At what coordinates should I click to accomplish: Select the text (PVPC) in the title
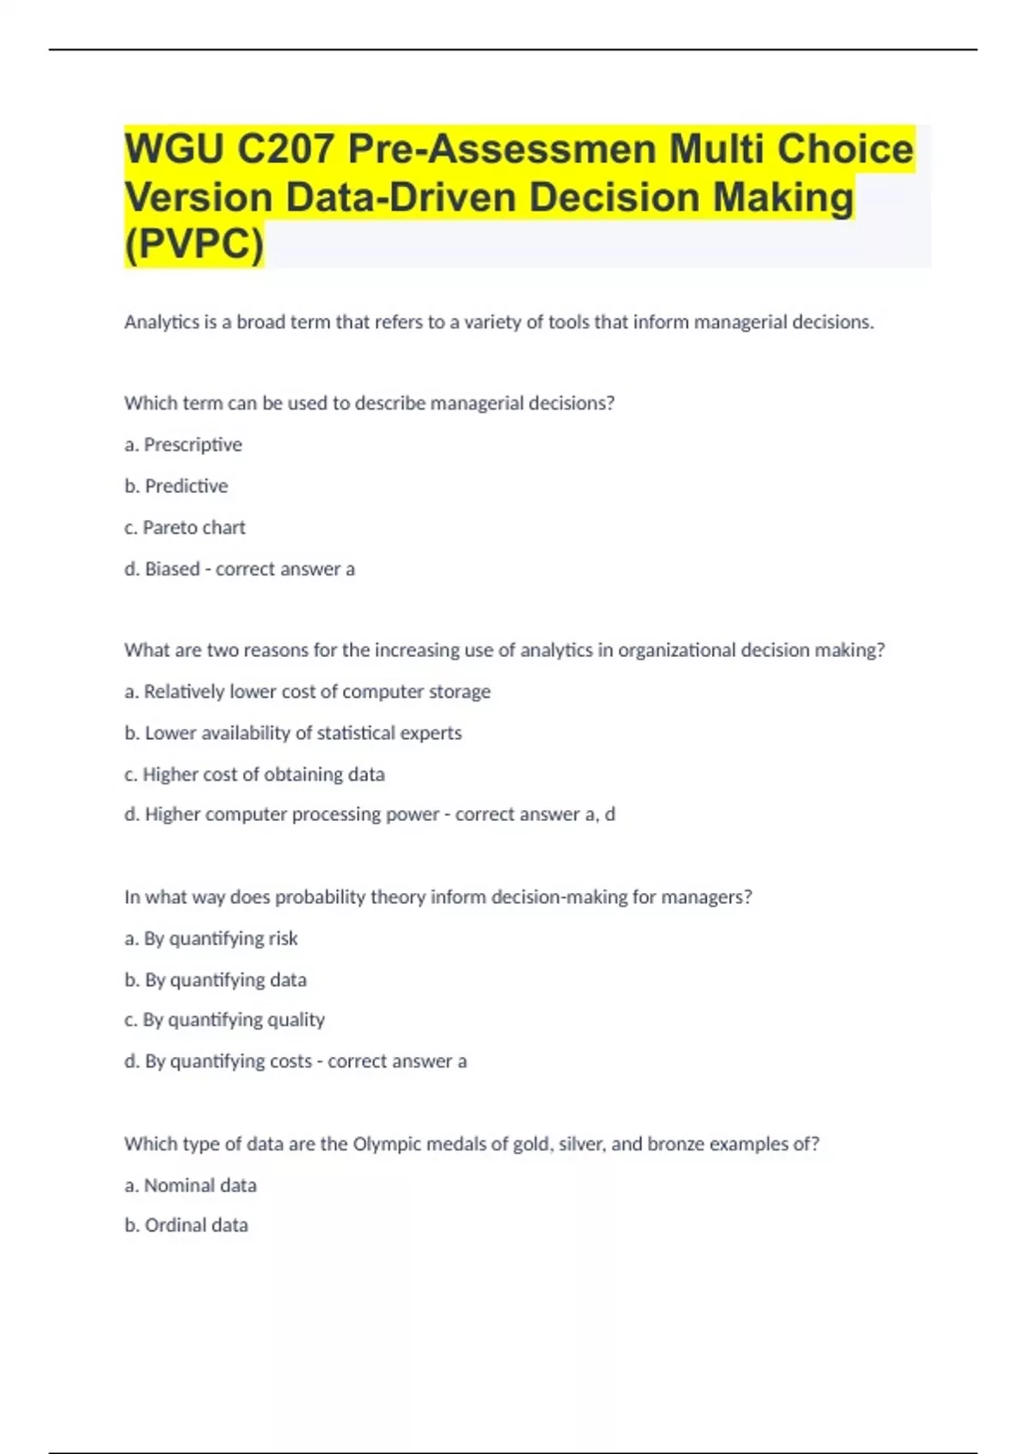click(194, 245)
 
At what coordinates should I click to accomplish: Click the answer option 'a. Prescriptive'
click(183, 445)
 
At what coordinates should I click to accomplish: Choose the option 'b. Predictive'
click(176, 486)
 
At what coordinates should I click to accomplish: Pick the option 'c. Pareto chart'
click(185, 528)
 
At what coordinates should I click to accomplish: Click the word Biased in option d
click(172, 569)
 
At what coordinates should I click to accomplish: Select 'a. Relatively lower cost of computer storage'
click(307, 691)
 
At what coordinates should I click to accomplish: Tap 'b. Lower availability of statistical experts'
click(293, 733)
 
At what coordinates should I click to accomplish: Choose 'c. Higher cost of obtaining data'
click(254, 774)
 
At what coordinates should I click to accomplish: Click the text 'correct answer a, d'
click(535, 814)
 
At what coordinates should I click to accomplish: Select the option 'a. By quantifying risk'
click(211, 938)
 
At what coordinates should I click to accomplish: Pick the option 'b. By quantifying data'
click(215, 979)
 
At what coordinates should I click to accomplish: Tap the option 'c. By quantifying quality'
click(224, 1020)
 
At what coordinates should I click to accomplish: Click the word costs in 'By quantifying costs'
click(291, 1061)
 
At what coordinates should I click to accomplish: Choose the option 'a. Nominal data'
click(190, 1185)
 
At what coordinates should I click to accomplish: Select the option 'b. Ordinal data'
click(186, 1225)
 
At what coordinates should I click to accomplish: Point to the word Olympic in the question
click(385, 1144)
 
